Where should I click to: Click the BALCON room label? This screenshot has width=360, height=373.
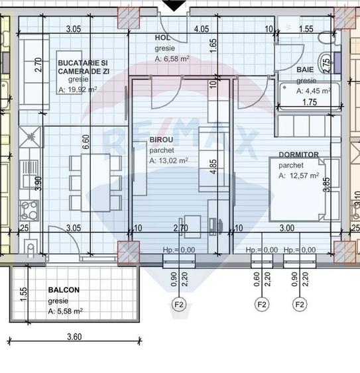click(x=64, y=290)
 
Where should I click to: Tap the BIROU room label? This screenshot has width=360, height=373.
click(x=162, y=140)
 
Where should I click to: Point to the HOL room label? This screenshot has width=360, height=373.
click(x=162, y=38)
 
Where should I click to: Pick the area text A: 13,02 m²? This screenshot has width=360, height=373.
click(x=168, y=160)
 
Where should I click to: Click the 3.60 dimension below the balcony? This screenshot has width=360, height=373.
click(x=74, y=337)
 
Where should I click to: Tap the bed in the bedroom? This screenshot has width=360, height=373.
click(x=296, y=188)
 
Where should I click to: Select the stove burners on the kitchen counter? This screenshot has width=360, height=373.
click(x=29, y=210)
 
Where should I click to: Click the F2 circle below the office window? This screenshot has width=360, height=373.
click(x=178, y=305)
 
